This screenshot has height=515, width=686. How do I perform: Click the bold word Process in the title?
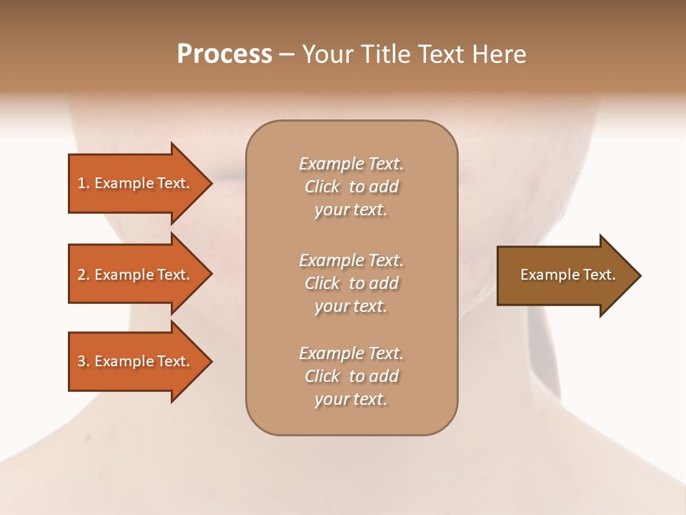click(224, 54)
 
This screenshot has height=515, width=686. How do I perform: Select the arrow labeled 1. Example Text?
click(133, 183)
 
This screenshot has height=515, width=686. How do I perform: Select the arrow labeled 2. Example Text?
click(133, 275)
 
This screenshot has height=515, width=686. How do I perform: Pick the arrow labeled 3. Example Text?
click(133, 361)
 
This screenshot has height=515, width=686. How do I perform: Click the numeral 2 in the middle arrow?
click(81, 275)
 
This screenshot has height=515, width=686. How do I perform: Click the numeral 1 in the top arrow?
click(81, 183)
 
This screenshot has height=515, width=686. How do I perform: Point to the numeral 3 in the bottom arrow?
click(81, 361)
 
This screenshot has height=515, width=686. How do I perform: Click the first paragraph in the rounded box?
click(351, 187)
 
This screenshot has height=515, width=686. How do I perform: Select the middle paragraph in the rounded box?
click(351, 283)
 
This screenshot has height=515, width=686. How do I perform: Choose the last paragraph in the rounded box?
click(351, 376)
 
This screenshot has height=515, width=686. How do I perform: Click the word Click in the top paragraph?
click(322, 187)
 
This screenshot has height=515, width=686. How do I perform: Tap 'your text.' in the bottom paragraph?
click(351, 399)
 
